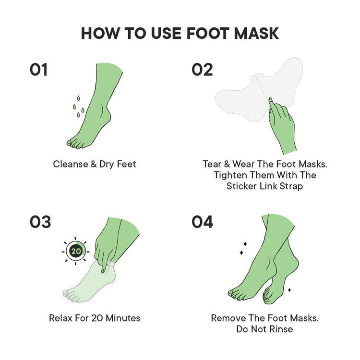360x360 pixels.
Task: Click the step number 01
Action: (38, 70)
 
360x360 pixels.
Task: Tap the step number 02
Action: (202, 70)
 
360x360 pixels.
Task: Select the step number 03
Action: (40, 222)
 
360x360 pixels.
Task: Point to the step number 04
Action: (202, 222)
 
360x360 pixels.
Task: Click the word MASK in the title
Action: (256, 33)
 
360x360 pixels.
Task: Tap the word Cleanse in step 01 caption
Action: (71, 164)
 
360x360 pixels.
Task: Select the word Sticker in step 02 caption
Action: (241, 186)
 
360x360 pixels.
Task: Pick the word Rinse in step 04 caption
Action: (281, 329)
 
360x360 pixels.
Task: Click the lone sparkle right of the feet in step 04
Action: (289, 290)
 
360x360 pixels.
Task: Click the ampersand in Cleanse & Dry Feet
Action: (94, 164)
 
